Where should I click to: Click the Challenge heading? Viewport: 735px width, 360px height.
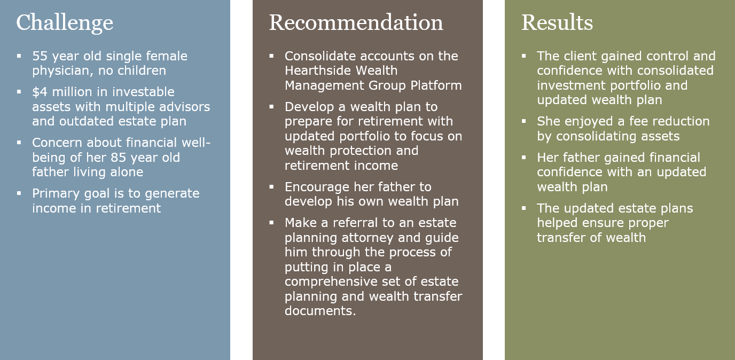[x=65, y=23]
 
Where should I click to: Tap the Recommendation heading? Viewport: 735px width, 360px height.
[x=356, y=22]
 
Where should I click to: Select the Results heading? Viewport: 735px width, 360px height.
[x=557, y=22]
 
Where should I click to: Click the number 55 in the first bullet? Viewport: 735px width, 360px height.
[x=40, y=56]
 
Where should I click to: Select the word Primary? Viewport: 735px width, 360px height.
[x=56, y=194]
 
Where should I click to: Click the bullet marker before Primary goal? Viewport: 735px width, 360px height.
[x=19, y=193]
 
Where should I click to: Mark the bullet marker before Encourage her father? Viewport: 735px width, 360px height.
[x=271, y=187]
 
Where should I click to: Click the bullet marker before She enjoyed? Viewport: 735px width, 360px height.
[x=523, y=121]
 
